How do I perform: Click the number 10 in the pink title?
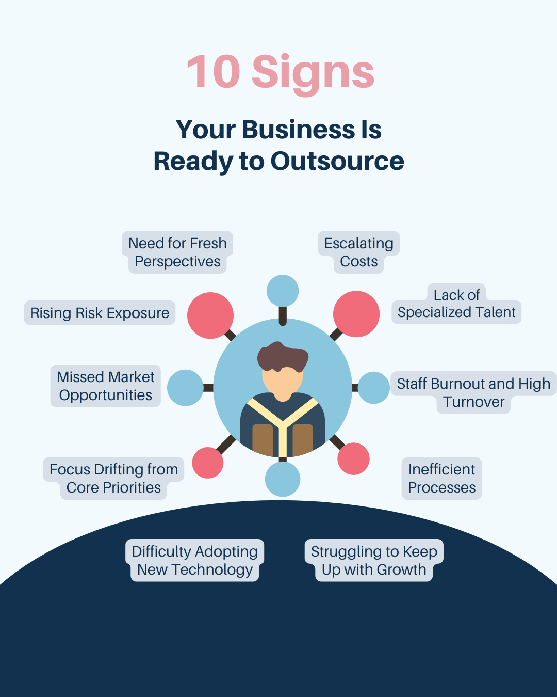[214, 72]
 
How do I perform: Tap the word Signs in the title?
[313, 73]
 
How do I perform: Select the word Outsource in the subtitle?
[337, 161]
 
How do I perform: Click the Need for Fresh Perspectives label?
[177, 252]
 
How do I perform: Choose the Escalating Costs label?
[359, 252]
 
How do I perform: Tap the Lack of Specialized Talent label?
[456, 304]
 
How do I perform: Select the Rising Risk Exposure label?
[100, 313]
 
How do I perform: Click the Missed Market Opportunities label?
[105, 386]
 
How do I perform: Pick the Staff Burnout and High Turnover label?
[473, 392]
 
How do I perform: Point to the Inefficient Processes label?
[441, 479]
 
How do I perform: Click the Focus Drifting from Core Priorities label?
[113, 479]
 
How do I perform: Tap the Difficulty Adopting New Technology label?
[194, 561]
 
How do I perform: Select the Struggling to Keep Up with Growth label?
[374, 561]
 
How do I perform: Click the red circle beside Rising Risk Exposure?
[210, 315]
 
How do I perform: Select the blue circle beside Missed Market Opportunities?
[185, 388]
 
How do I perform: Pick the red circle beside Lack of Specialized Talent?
[356, 314]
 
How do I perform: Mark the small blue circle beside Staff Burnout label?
[373, 388]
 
